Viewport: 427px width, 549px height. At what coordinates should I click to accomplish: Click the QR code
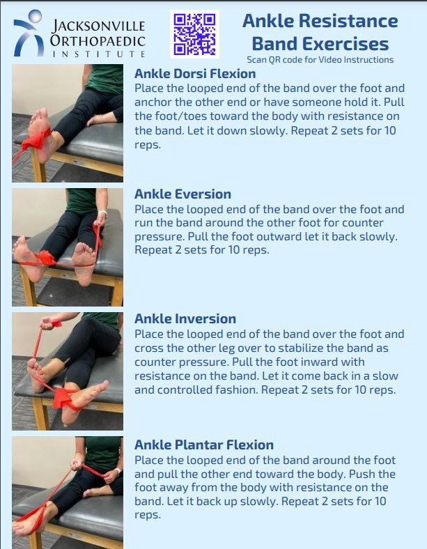(x=194, y=34)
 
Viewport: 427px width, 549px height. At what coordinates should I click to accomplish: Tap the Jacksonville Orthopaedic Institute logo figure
(x=28, y=33)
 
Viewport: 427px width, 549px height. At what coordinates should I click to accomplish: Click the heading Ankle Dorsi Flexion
(x=195, y=74)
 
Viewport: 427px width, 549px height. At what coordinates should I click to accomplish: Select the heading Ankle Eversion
(x=183, y=194)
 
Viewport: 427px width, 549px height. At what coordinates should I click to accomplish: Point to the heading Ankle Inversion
(x=185, y=318)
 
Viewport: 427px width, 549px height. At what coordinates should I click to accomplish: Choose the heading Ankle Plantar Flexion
(x=204, y=444)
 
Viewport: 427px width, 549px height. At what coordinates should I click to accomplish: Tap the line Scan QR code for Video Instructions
(x=320, y=60)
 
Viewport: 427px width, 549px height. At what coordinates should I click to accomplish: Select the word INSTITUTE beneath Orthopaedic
(x=99, y=54)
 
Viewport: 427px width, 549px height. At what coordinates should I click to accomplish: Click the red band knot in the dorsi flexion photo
(x=36, y=139)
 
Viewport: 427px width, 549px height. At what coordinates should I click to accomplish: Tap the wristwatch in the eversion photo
(x=102, y=212)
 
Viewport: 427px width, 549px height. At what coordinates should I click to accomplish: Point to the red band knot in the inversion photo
(x=63, y=397)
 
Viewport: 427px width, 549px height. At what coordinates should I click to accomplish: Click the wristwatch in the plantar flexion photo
(x=118, y=471)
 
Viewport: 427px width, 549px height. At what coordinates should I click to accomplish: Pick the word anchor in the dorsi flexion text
(x=153, y=102)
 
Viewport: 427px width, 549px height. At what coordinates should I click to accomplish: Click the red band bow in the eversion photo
(x=45, y=258)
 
